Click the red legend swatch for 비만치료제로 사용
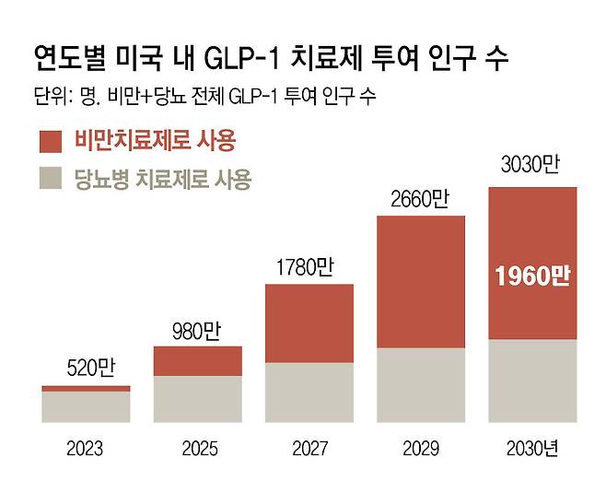click(52, 141)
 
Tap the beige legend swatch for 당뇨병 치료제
click(52, 178)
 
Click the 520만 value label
click(86, 370)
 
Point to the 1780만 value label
click(309, 267)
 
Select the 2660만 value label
click(420, 200)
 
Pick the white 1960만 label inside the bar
click(531, 275)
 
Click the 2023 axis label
click(86, 450)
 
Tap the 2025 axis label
click(197, 450)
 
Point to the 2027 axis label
click(309, 450)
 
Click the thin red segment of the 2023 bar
click(86, 388)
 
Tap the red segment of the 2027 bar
click(309, 323)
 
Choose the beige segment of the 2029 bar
click(420, 384)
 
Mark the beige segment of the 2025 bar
click(197, 398)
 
